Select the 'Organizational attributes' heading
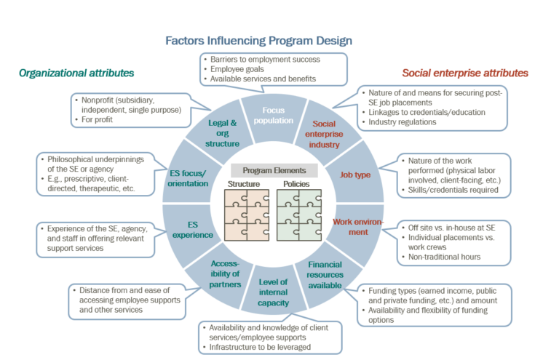(76, 73)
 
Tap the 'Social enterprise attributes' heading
(465, 73)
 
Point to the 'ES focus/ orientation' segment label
(187, 178)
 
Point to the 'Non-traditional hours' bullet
(443, 256)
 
